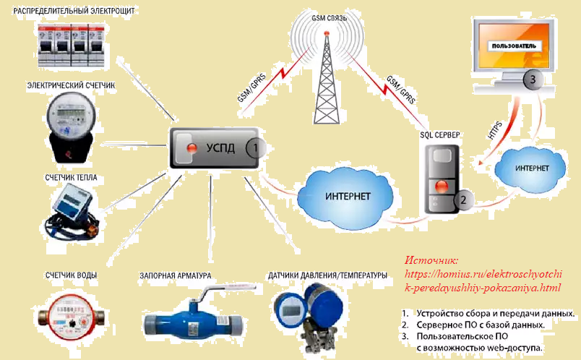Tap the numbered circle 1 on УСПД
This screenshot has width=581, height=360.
[x=255, y=149]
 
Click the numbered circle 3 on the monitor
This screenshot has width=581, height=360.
[x=532, y=80]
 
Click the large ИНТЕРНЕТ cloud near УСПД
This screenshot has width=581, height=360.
[x=348, y=196]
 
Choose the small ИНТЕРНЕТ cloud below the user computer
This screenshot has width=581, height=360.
[x=531, y=168]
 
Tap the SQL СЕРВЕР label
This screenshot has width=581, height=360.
[x=440, y=135]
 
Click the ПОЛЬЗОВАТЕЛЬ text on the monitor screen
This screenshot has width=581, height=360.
[x=514, y=46]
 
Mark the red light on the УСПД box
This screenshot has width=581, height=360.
[x=192, y=148]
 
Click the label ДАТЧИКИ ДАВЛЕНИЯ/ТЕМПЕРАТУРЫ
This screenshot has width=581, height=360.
[x=327, y=275]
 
